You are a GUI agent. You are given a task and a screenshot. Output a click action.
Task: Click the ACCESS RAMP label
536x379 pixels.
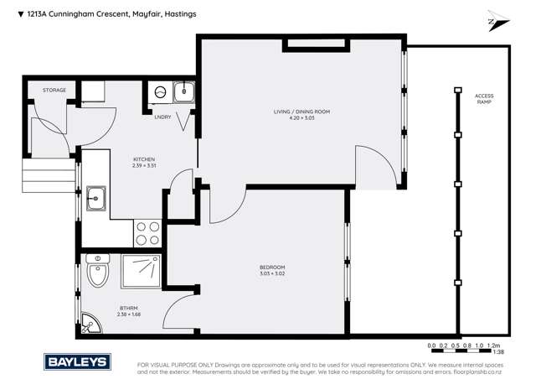[483, 98]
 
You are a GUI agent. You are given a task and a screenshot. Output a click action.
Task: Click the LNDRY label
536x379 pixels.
[162, 117]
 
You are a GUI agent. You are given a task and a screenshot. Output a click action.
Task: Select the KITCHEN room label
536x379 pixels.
[143, 159]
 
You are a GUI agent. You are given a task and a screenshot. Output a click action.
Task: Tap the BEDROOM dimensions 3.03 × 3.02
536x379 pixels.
[271, 273]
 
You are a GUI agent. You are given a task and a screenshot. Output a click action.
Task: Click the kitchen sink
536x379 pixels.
[95, 200]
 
